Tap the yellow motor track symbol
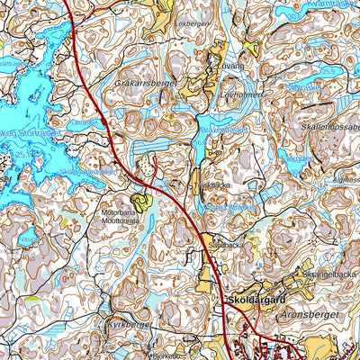[140, 202]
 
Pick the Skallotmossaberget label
[331, 127]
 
